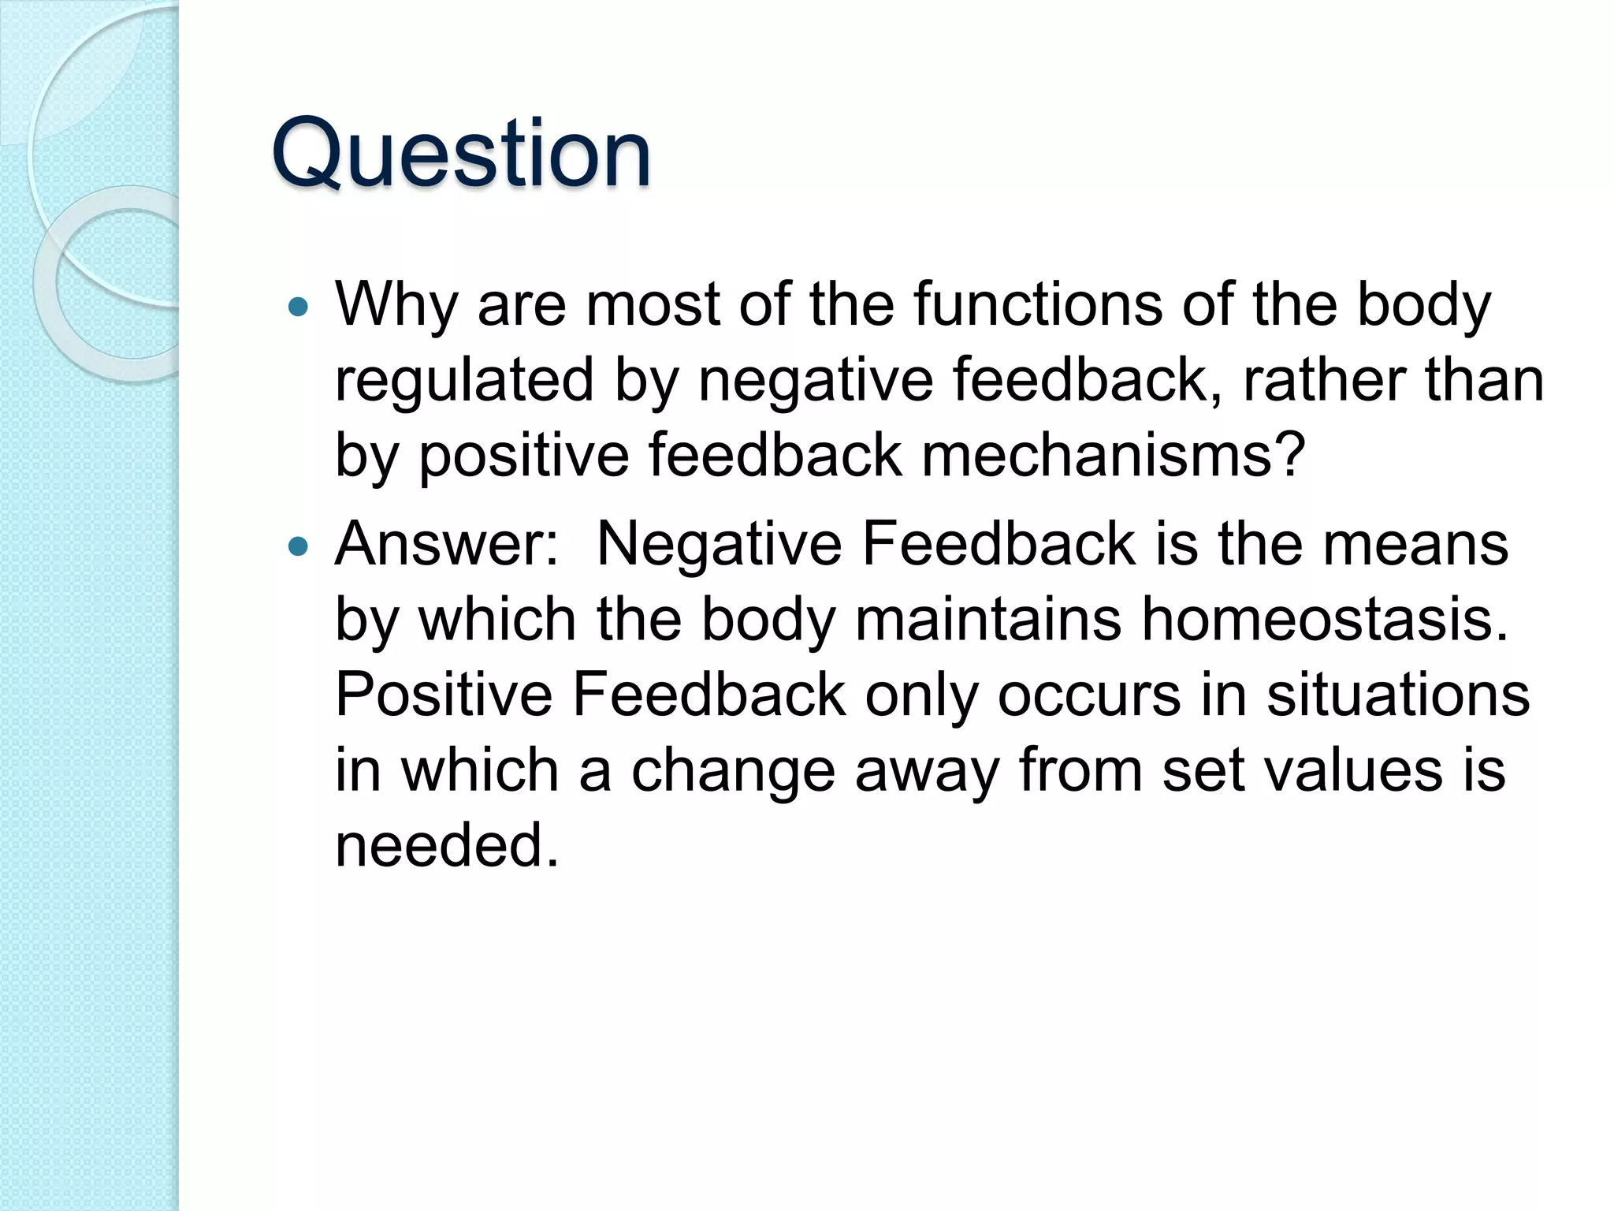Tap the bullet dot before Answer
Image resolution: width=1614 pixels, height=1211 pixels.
point(298,546)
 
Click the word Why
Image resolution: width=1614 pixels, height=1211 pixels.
point(396,306)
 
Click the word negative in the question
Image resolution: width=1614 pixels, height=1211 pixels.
point(815,382)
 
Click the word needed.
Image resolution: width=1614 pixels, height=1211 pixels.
point(447,845)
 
